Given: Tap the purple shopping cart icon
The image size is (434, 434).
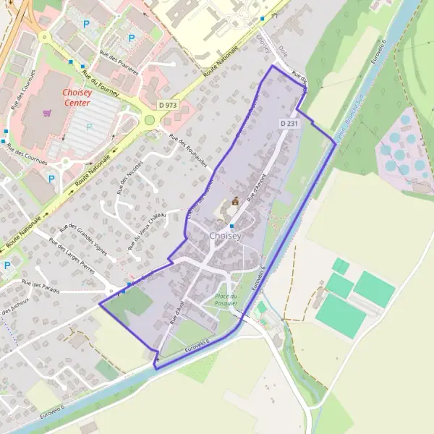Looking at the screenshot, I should [x=48, y=113].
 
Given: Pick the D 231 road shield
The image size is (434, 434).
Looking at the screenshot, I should [x=289, y=124].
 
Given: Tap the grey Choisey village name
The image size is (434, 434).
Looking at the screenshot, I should [x=224, y=236].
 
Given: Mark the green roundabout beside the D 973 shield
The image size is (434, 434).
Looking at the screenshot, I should [x=150, y=120].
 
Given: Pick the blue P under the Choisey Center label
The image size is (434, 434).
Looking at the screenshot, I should [x=90, y=127].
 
